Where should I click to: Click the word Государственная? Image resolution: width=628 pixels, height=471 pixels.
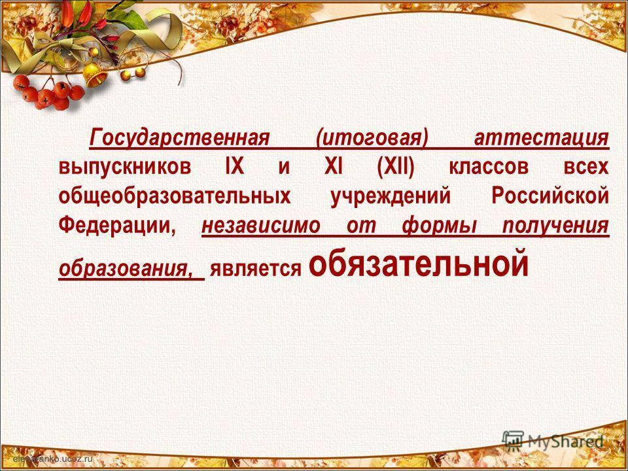[x=181, y=138]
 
